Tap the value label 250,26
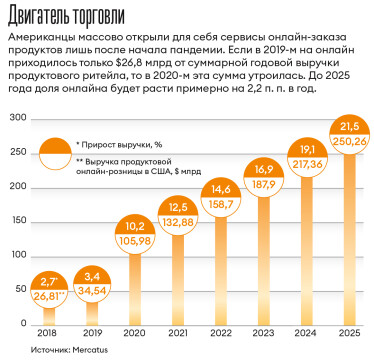coord(347,140)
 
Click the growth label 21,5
coord(347,126)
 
